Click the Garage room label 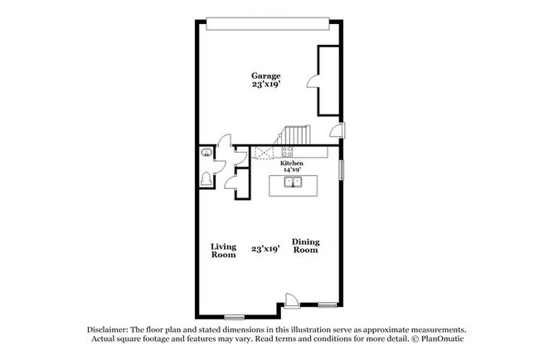tap(266, 75)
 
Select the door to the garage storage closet tap(313, 80)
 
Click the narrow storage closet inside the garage tap(328, 80)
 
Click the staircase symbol tap(294, 135)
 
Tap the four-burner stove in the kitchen tap(288, 152)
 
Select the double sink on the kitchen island tap(292, 182)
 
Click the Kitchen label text tap(291, 164)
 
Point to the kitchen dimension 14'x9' tap(291, 171)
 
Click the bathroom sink tap(205, 153)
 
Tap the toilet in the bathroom tap(206, 178)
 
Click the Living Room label tap(223, 251)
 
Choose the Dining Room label tap(305, 246)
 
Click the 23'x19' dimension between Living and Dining tap(265, 248)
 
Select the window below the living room tap(235, 317)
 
